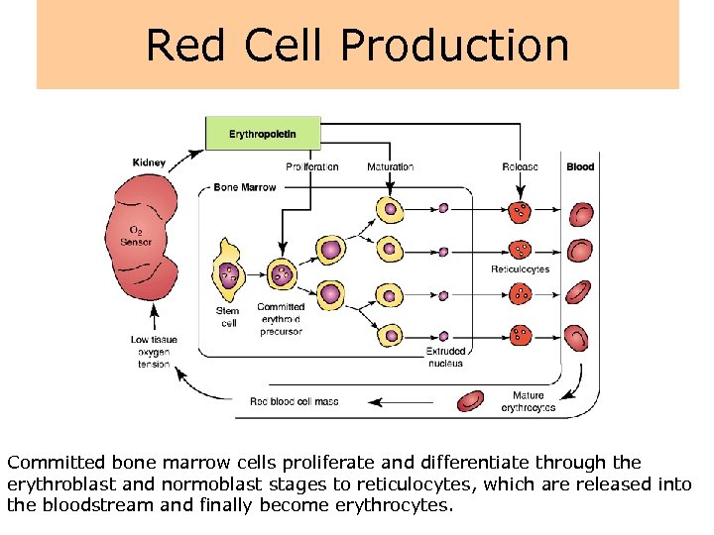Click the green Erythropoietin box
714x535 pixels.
pyautogui.click(x=263, y=134)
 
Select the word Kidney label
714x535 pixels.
pyautogui.click(x=149, y=162)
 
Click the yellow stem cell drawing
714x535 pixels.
pyautogui.click(x=228, y=269)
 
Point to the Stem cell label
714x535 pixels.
pyautogui.click(x=227, y=317)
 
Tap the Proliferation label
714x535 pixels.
pyautogui.click(x=312, y=167)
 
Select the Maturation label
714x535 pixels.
pyautogui.click(x=391, y=167)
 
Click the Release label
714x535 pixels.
pyautogui.click(x=520, y=167)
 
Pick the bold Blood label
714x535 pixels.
pyautogui.click(x=580, y=167)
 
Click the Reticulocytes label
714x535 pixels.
pyautogui.click(x=520, y=269)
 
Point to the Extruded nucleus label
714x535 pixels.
pyautogui.click(x=445, y=357)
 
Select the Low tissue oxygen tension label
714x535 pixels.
pyautogui.click(x=154, y=352)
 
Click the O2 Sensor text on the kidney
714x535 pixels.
pyautogui.click(x=136, y=235)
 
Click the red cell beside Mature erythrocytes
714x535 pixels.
pyautogui.click(x=470, y=400)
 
